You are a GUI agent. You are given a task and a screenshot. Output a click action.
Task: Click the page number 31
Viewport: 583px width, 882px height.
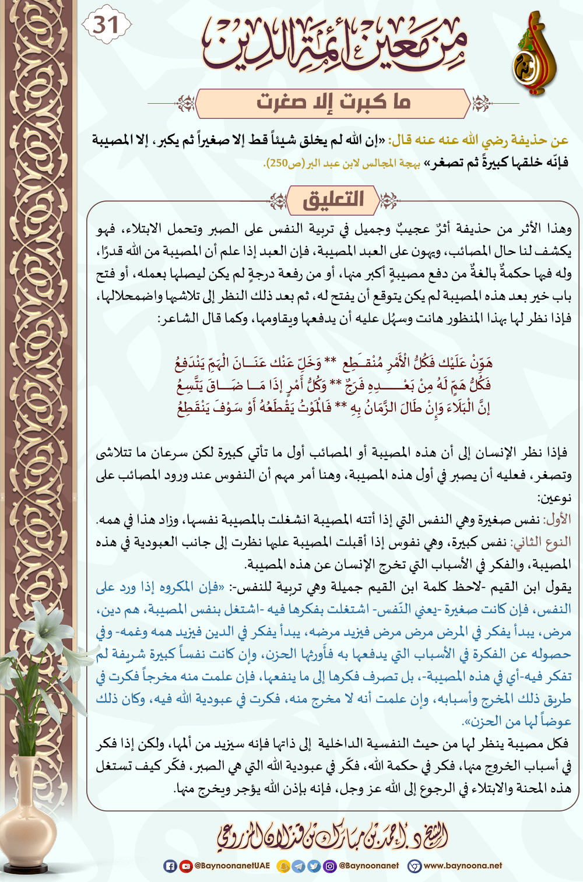106,25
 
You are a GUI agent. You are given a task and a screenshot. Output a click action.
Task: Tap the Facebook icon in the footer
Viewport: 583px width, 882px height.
170,866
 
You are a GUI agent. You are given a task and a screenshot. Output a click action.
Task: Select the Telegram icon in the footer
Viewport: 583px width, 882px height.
298,866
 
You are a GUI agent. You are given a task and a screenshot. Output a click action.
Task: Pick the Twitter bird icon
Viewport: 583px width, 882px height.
314,866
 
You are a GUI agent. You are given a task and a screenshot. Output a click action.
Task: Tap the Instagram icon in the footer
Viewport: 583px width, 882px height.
330,866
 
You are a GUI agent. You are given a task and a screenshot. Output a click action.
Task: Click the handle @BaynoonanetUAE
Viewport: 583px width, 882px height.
232,866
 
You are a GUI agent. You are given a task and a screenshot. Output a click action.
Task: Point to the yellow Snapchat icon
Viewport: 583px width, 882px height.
283,866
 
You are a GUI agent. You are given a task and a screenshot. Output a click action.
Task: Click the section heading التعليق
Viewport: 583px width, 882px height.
333,200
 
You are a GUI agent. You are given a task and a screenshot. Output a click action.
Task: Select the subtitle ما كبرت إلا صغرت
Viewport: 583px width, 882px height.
333,103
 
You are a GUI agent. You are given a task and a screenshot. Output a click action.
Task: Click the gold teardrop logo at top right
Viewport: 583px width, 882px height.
533,55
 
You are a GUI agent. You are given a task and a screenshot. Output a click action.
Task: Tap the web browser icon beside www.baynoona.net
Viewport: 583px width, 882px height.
414,866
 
